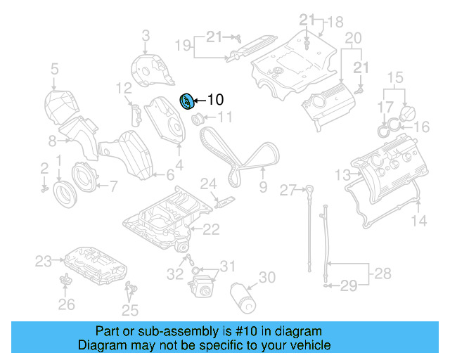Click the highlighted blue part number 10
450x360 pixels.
[188, 102]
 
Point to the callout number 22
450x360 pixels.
[211, 229]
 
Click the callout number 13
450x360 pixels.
[342, 174]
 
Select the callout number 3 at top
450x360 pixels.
[146, 35]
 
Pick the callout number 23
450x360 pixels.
[44, 262]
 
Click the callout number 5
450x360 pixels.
[53, 69]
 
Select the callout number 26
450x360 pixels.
[65, 304]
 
